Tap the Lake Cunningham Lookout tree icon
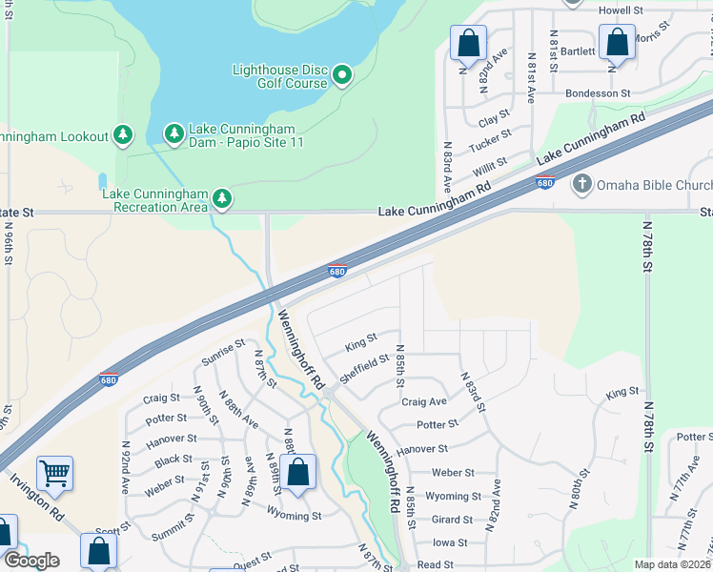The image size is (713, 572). click(123, 135)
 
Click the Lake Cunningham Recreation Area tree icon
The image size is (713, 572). click(222, 198)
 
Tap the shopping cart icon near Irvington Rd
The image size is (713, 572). click(55, 472)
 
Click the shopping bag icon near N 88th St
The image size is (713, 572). click(297, 471)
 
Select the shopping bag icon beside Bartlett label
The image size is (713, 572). click(618, 42)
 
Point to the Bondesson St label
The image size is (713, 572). click(598, 93)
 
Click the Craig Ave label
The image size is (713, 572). click(424, 402)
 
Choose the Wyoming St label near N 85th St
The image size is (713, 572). click(453, 497)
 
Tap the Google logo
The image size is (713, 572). click(31, 561)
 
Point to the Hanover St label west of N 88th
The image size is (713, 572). click(172, 439)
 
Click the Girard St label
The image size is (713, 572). click(453, 520)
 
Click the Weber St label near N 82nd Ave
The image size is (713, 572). click(453, 473)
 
